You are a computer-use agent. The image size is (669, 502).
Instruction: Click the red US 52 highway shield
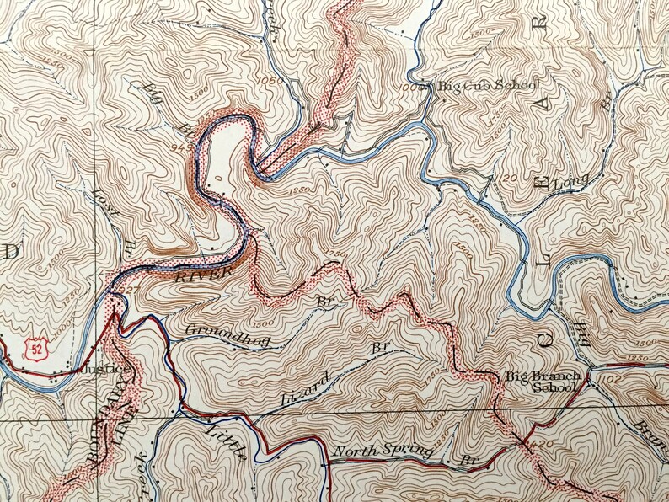(35, 347)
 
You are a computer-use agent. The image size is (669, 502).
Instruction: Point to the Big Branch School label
(539, 381)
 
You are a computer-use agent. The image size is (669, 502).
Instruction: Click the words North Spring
(383, 452)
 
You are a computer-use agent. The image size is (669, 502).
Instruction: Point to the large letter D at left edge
(11, 251)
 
